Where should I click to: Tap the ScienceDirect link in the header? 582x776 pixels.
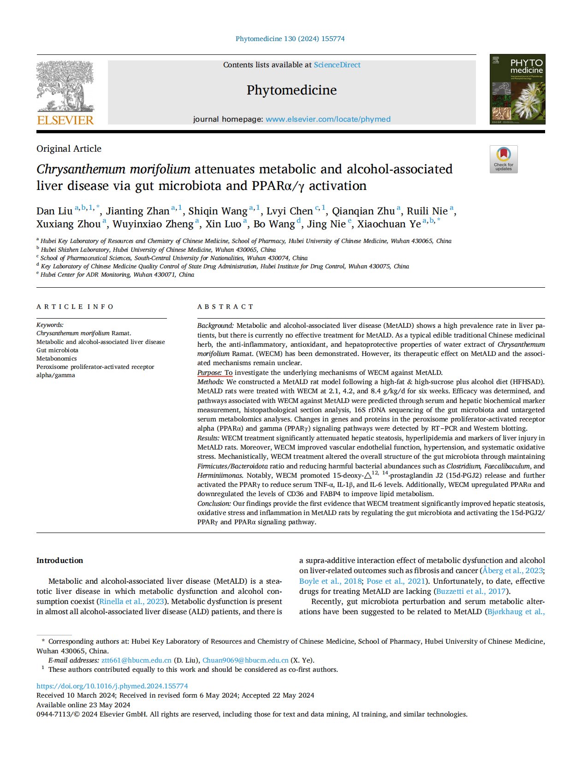pyautogui.click(x=337, y=65)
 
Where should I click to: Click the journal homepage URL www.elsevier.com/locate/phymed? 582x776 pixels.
pyautogui.click(x=328, y=119)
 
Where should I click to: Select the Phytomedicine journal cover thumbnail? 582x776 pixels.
pyautogui.click(x=517, y=89)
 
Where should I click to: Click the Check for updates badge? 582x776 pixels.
pyautogui.click(x=504, y=160)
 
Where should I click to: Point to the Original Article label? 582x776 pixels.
pyautogui.click(x=69, y=149)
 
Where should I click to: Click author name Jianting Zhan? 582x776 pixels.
pyautogui.click(x=138, y=211)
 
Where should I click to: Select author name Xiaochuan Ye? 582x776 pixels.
pyautogui.click(x=389, y=224)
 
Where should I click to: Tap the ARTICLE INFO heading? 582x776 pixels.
pyautogui.click(x=75, y=307)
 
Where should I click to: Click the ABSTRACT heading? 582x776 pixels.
pyautogui.click(x=226, y=307)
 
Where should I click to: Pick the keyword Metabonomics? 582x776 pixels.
pyautogui.click(x=57, y=359)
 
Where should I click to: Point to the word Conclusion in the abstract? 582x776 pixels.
pyautogui.click(x=214, y=504)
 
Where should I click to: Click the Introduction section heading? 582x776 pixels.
pyautogui.click(x=60, y=561)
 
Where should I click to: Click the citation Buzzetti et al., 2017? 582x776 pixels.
pyautogui.click(x=471, y=592)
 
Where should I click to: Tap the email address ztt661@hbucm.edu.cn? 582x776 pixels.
pyautogui.click(x=137, y=660)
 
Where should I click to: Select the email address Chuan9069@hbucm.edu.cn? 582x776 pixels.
pyautogui.click(x=245, y=660)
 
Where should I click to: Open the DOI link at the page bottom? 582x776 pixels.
pyautogui.click(x=112, y=686)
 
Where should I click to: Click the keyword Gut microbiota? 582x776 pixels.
pyautogui.click(x=57, y=350)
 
